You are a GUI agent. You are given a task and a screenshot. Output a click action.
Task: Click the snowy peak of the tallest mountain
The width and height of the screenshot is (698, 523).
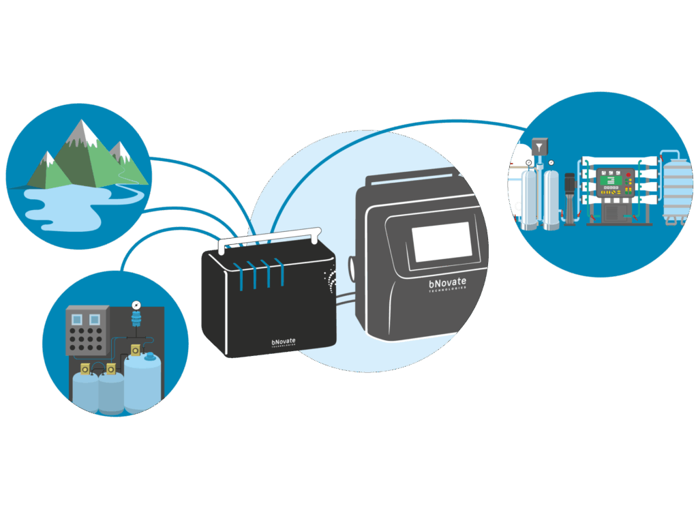pos(82,130)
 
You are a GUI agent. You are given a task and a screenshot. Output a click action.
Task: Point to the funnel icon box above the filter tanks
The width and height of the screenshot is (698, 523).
pos(540,146)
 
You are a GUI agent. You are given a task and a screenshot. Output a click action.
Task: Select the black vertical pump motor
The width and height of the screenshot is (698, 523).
pos(568,198)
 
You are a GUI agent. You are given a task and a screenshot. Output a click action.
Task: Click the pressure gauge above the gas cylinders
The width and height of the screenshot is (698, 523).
pos(135,304)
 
